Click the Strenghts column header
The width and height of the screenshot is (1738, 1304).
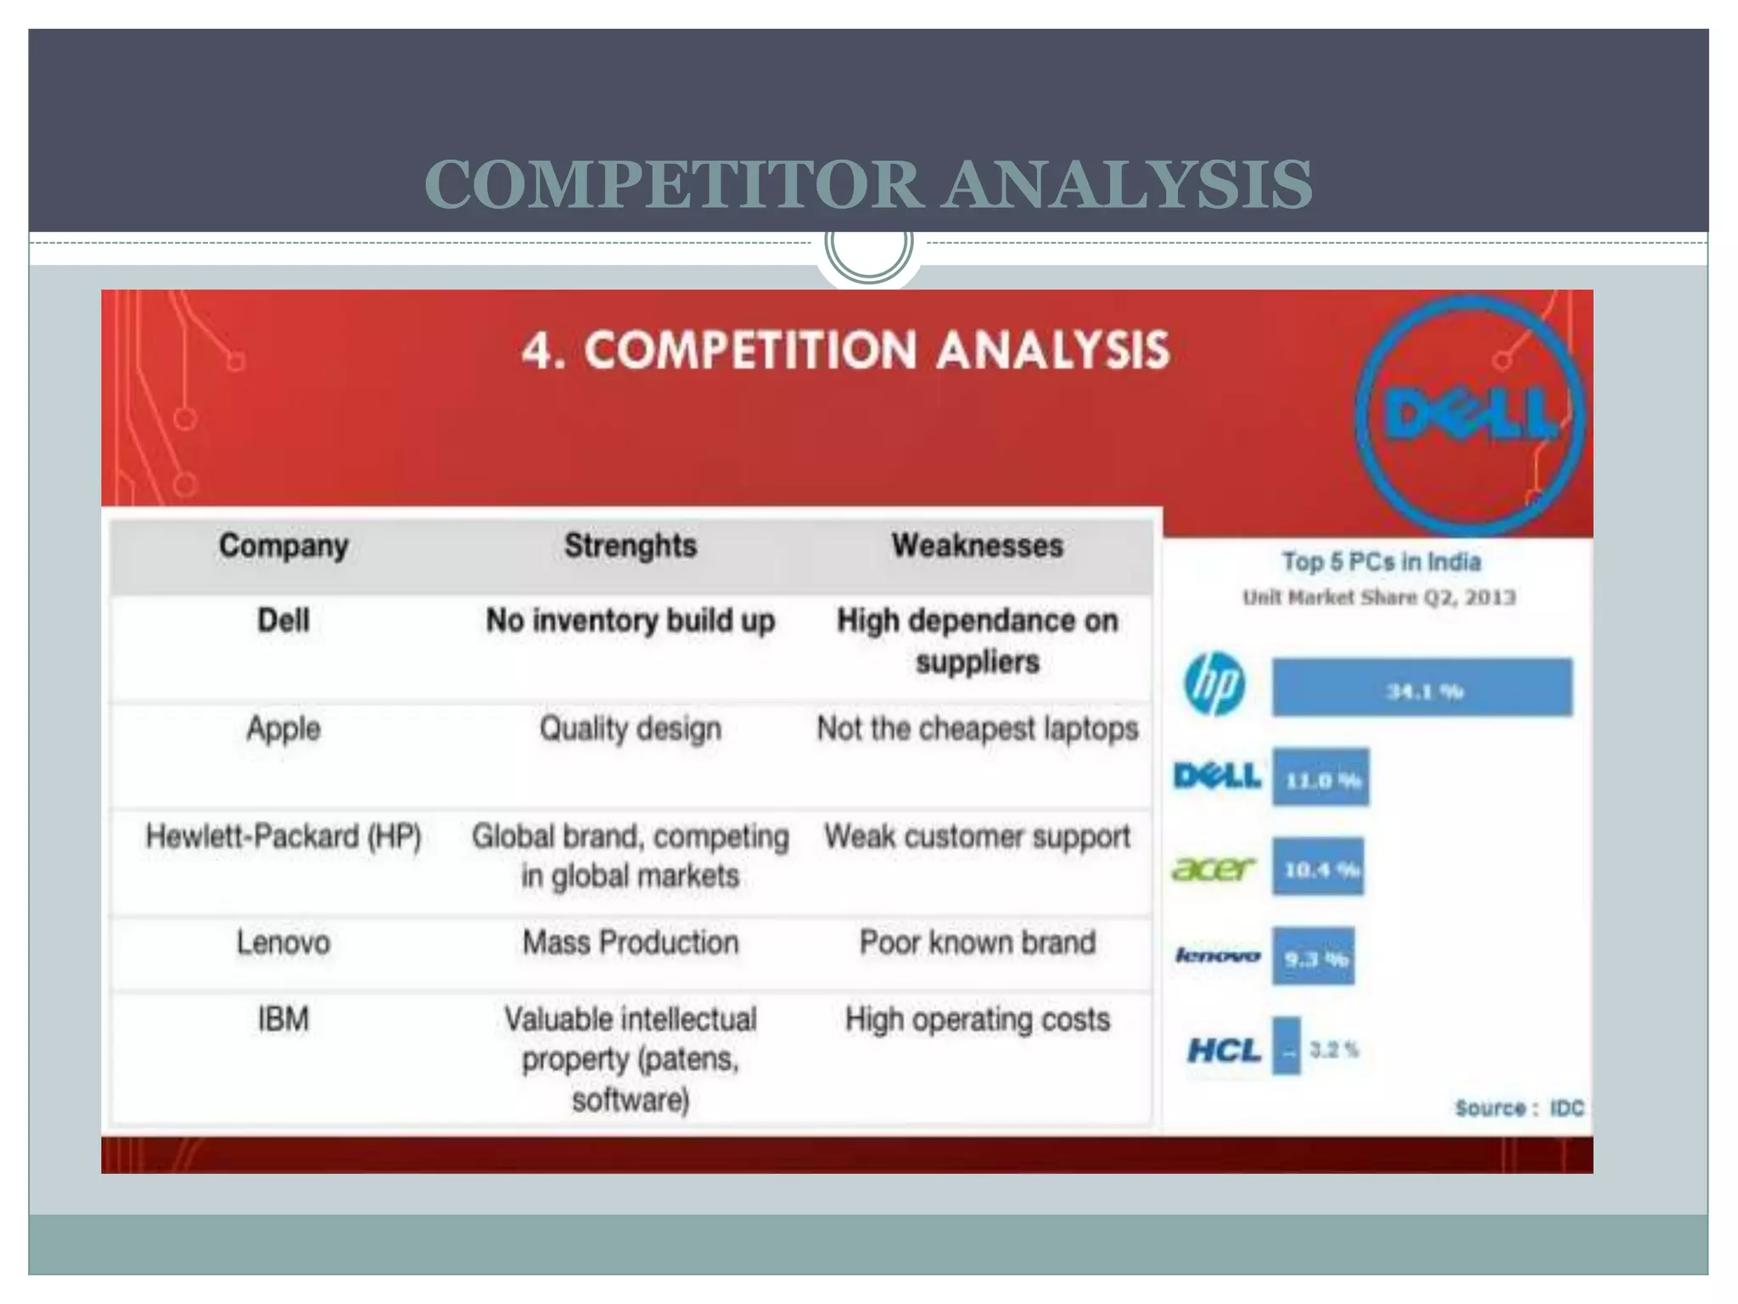(630, 546)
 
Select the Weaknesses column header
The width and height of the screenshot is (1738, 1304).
(977, 546)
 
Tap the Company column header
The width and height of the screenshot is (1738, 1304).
(283, 546)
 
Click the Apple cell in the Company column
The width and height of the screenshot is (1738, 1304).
(283, 728)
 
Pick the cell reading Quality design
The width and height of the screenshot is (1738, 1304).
(630, 728)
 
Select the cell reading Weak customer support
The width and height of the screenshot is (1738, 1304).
(977, 836)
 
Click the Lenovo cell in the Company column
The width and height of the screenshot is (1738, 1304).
(283, 942)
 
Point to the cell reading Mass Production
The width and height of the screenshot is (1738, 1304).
(630, 942)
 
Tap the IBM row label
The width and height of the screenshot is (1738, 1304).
(283, 1019)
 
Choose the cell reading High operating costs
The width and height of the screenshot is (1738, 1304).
(977, 1019)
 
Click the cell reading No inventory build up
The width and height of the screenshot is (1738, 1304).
(630, 621)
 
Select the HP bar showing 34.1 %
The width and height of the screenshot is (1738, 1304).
(1421, 688)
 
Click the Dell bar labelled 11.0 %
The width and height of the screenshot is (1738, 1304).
(1320, 778)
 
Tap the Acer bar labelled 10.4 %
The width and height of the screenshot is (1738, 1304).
(1318, 867)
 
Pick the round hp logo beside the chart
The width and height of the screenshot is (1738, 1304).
(1214, 684)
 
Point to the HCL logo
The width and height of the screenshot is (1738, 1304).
(1223, 1051)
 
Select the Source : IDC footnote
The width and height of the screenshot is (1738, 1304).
(1519, 1108)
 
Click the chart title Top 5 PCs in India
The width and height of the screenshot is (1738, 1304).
(1381, 562)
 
